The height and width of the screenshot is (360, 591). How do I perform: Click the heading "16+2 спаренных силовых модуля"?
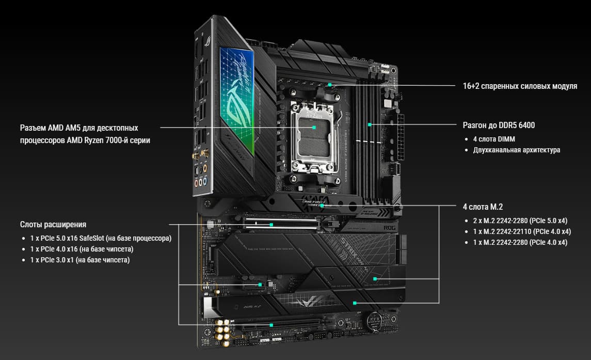tap(520, 86)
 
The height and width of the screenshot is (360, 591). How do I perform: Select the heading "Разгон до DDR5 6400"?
tap(499, 126)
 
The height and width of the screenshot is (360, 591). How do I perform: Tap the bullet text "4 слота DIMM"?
tap(494, 139)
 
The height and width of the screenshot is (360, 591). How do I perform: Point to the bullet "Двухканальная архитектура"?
tap(516, 150)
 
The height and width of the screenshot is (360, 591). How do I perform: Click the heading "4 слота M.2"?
tap(483, 207)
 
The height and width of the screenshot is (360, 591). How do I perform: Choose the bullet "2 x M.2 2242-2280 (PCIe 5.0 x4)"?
tap(520, 221)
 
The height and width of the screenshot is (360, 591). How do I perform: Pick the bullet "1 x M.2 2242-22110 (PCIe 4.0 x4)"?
tap(522, 232)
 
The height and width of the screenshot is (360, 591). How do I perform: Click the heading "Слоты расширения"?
tap(53, 225)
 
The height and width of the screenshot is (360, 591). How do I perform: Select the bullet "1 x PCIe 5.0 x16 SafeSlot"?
tap(67, 239)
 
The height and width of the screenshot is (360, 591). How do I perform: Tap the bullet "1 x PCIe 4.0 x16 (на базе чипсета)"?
tap(82, 249)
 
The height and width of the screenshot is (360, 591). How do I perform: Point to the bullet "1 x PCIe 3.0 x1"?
tap(52, 260)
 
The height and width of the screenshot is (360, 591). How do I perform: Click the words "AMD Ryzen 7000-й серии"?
tap(108, 140)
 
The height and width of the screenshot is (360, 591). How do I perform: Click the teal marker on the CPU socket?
tap(314, 128)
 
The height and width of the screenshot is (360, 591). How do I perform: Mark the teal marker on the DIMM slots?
tap(370, 124)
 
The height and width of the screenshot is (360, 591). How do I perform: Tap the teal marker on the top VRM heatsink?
tap(330, 85)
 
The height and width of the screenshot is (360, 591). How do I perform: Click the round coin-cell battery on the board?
tap(374, 321)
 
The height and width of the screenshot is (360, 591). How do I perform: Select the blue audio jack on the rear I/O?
tap(205, 182)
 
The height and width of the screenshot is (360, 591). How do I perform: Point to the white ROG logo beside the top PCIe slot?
tap(390, 228)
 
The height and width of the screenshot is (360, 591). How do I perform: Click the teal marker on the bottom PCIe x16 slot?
tap(271, 325)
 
